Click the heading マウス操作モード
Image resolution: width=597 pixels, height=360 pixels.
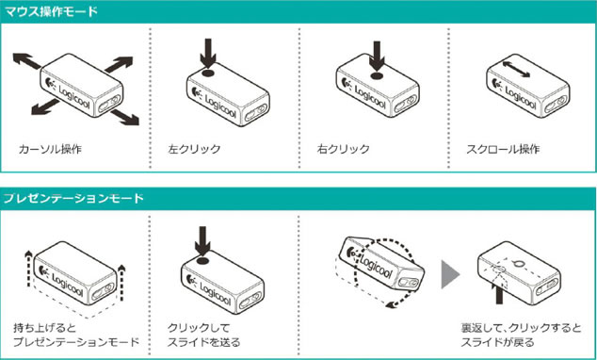(x=51, y=11)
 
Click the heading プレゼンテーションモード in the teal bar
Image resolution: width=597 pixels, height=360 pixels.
(x=73, y=198)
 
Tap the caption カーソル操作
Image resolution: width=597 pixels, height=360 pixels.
(x=50, y=149)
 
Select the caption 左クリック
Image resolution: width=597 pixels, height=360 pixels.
(x=194, y=149)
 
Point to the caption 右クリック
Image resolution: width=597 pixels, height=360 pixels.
(x=343, y=149)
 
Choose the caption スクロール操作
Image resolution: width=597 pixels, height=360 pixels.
(x=503, y=149)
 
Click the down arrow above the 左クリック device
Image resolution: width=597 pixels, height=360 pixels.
(x=208, y=53)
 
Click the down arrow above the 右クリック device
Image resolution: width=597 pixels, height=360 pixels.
(x=377, y=56)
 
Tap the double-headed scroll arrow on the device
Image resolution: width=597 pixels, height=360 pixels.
(x=516, y=70)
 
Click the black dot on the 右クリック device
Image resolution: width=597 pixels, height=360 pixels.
(x=377, y=75)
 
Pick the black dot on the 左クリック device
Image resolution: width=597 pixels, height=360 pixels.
(x=208, y=73)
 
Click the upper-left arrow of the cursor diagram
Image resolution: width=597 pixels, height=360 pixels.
(x=26, y=61)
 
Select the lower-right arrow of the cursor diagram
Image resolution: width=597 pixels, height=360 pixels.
(x=125, y=118)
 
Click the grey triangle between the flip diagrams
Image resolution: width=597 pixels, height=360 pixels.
(x=450, y=274)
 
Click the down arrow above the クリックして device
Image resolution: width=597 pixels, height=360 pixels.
(x=202, y=241)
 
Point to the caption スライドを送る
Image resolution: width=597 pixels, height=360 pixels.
(x=204, y=342)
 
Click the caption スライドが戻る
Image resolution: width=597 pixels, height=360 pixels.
(x=497, y=342)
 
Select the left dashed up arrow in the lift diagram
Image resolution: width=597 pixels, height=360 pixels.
(x=28, y=269)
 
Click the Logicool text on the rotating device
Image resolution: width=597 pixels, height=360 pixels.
(x=375, y=267)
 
